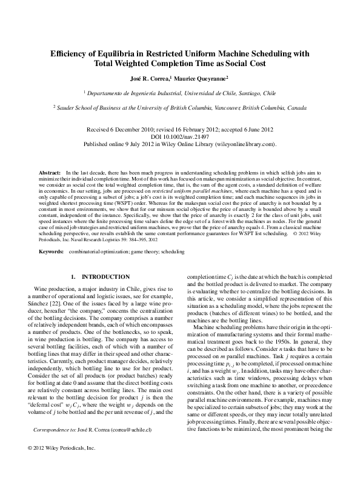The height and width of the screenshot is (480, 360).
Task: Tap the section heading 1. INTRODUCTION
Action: pos(100,276)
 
